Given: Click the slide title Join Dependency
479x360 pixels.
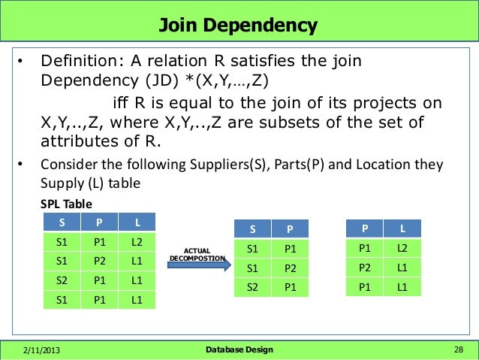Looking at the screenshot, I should point(239,26).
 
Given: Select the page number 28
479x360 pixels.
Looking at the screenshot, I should point(459,349).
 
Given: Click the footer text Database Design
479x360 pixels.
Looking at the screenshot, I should point(239,349).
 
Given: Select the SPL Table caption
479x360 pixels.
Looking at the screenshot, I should point(66,204).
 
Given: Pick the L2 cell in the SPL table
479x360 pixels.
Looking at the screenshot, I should point(136,242).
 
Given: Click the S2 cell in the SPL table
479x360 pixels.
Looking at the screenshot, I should point(62,280).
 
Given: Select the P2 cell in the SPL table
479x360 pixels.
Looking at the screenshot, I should point(99,262).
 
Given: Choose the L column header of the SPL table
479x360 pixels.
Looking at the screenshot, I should point(136,222).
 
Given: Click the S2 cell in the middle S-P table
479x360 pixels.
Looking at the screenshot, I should point(253,287).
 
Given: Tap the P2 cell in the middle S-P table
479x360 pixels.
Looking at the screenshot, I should point(290,268).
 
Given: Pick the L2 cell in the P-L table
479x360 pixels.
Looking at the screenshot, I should point(402,248).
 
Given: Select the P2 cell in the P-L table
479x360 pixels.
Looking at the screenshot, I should point(365,267).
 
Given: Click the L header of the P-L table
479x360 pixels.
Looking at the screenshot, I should point(402,228).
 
